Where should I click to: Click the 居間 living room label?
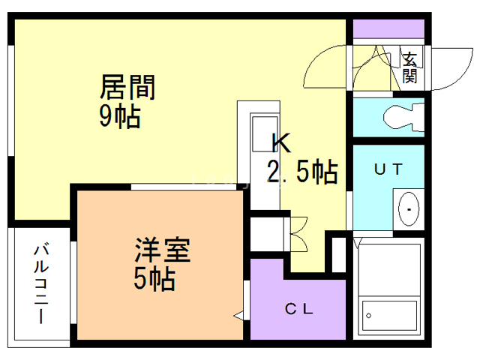pyautogui.click(x=128, y=88)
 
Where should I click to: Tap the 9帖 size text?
pyautogui.click(x=120, y=117)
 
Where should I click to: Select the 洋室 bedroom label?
pyautogui.click(x=163, y=249)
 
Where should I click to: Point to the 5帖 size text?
pyautogui.click(x=154, y=279)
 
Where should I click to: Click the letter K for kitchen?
pyautogui.click(x=280, y=142)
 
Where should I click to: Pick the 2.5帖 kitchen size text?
pyautogui.click(x=302, y=172)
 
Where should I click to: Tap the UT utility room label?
pyautogui.click(x=388, y=169)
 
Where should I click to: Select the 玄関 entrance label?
pyautogui.click(x=410, y=67)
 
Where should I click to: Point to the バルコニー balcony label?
pyautogui.click(x=41, y=283)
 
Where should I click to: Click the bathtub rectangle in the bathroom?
pyautogui.click(x=388, y=318)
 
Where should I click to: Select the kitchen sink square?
pyautogui.click(x=264, y=127)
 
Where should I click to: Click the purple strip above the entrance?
pyautogui.click(x=388, y=30)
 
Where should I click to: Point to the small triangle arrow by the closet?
pyautogui.click(x=238, y=316)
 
